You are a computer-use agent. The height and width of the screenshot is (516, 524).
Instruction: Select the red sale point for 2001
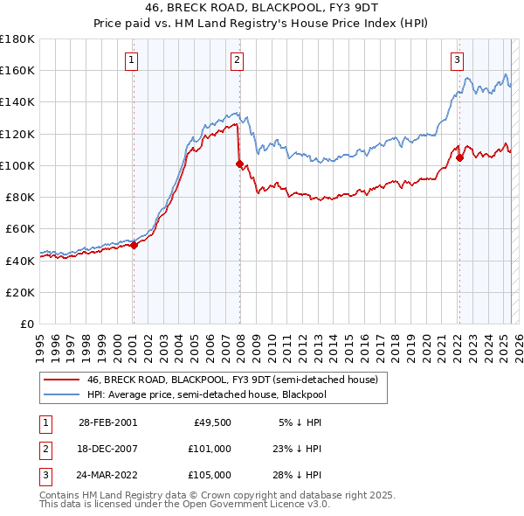(134, 246)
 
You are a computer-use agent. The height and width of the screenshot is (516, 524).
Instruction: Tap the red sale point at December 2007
(239, 164)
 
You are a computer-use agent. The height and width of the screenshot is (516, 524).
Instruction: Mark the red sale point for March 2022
(459, 157)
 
